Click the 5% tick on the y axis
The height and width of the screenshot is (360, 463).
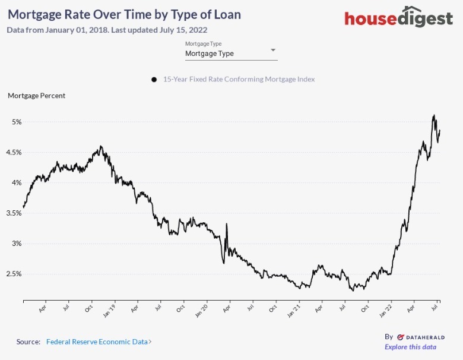click(16, 122)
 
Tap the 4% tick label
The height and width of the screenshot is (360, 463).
click(16, 182)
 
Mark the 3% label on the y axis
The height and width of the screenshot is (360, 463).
click(16, 243)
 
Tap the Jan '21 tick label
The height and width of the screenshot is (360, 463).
click(293, 310)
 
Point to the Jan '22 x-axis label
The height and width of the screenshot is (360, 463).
click(386, 310)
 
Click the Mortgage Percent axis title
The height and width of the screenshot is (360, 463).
click(36, 95)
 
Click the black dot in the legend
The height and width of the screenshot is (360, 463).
click(154, 80)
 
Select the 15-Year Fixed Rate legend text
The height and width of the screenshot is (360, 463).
click(239, 79)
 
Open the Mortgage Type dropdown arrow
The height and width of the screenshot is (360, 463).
click(273, 50)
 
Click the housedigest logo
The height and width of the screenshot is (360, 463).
click(398, 17)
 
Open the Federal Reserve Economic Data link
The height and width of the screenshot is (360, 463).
click(98, 342)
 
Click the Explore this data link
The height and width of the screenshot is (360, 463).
click(410, 347)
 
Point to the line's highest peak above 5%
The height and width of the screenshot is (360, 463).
click(434, 115)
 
